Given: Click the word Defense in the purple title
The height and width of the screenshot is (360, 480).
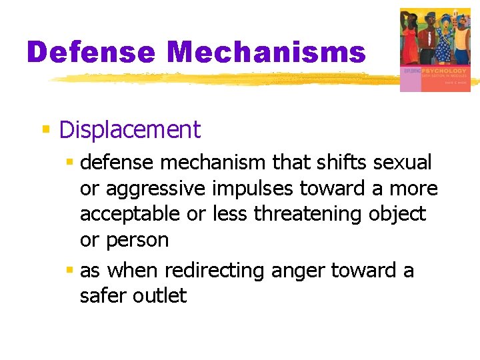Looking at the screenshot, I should pos(91,53).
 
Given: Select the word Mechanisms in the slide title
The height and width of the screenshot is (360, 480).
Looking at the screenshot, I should pos(267,53).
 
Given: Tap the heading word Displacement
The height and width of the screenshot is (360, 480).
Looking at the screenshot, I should pos(129,129).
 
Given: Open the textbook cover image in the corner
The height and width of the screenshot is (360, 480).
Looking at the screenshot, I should pos(435,50).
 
